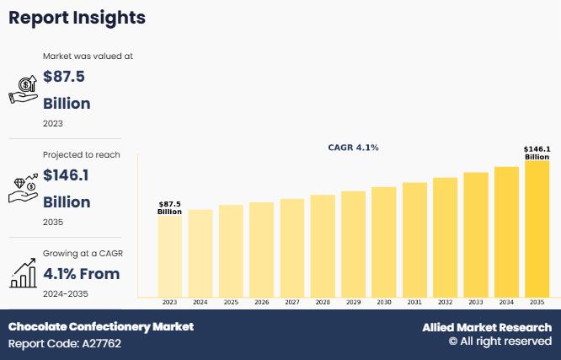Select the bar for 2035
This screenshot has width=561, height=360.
537,228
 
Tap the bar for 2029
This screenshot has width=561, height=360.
353,244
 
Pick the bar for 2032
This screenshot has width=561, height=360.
445,237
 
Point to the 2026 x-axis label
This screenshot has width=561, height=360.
261,302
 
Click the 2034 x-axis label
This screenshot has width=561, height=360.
506,302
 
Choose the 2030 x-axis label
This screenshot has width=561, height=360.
384,302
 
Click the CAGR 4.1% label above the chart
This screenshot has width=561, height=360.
353,148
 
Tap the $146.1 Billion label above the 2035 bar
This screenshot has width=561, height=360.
537,153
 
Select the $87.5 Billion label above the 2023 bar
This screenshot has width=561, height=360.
169,207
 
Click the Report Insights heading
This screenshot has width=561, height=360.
77,18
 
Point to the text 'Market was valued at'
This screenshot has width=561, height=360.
88,56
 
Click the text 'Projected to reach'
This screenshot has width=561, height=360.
82,155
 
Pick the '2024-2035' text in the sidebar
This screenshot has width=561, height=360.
66,293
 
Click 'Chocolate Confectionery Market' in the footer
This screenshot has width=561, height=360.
101,326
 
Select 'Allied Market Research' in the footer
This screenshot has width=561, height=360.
487,327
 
